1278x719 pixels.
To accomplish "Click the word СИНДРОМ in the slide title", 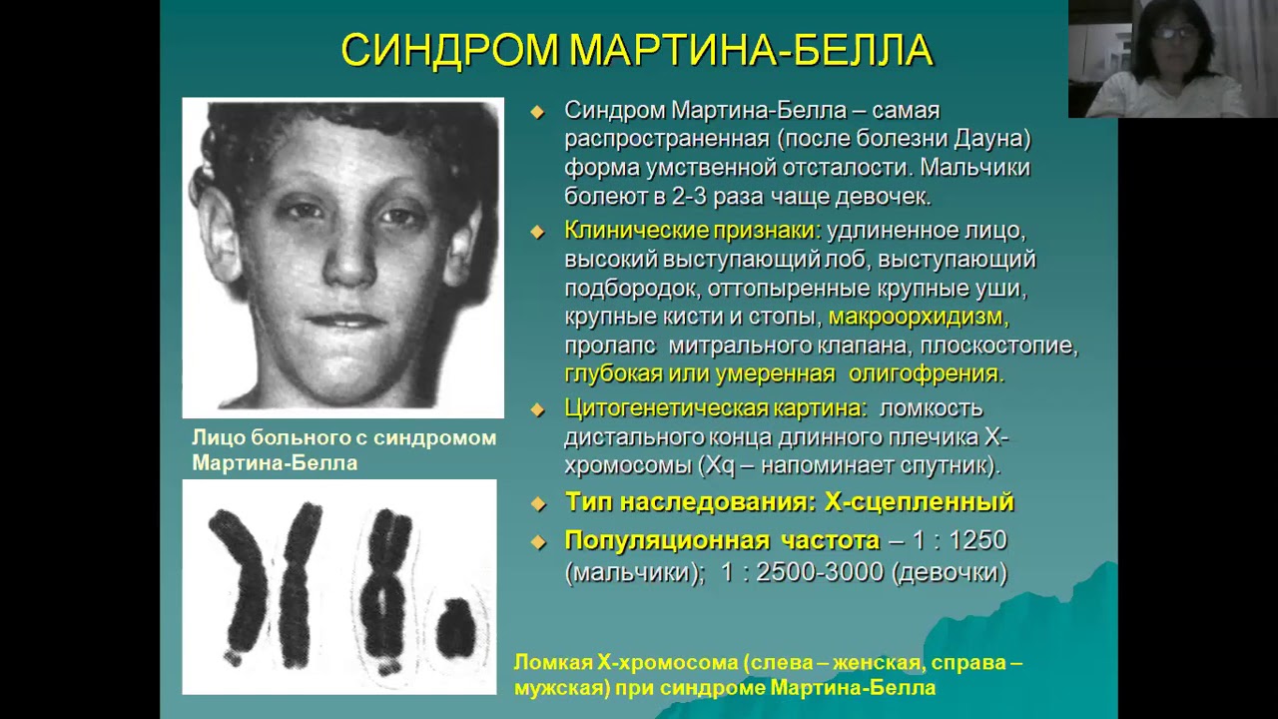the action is pyautogui.click(x=449, y=51).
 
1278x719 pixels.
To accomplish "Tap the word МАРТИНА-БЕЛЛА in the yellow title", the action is pyautogui.click(x=752, y=51).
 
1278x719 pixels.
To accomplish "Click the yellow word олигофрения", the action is pyautogui.click(x=926, y=374).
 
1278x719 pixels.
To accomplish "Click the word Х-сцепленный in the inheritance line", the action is pyautogui.click(x=920, y=502).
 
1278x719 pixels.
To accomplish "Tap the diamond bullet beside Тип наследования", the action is pyautogui.click(x=538, y=504).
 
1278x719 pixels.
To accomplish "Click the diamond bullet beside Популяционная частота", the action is pyautogui.click(x=538, y=542).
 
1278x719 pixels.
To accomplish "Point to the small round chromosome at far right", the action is pyautogui.click(x=455, y=628).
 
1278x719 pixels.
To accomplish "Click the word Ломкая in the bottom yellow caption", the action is pyautogui.click(x=553, y=662).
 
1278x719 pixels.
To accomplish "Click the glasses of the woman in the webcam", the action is pyautogui.click(x=1175, y=33).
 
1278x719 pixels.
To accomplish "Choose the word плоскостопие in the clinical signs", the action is pyautogui.click(x=998, y=346).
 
